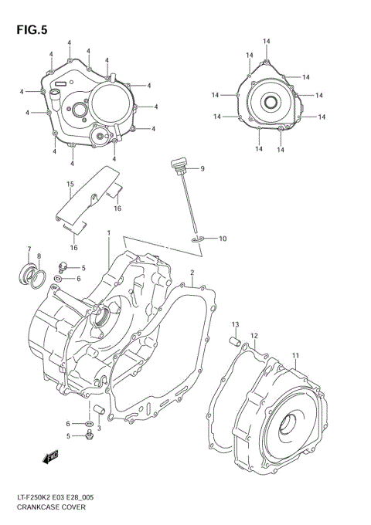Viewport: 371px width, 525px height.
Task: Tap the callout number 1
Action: (x=109, y=232)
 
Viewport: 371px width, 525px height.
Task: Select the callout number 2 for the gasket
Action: (x=192, y=273)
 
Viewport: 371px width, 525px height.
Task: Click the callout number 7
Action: (x=29, y=249)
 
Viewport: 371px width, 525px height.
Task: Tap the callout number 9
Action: (x=202, y=168)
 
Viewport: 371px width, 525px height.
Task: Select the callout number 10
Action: (x=223, y=239)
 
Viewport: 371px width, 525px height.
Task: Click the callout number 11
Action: (x=294, y=356)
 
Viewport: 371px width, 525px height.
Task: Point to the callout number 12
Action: (x=254, y=336)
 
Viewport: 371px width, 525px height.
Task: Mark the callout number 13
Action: (x=235, y=323)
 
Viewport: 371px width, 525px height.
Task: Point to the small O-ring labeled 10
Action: (x=198, y=241)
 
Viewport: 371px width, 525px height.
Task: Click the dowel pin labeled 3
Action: (x=99, y=409)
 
